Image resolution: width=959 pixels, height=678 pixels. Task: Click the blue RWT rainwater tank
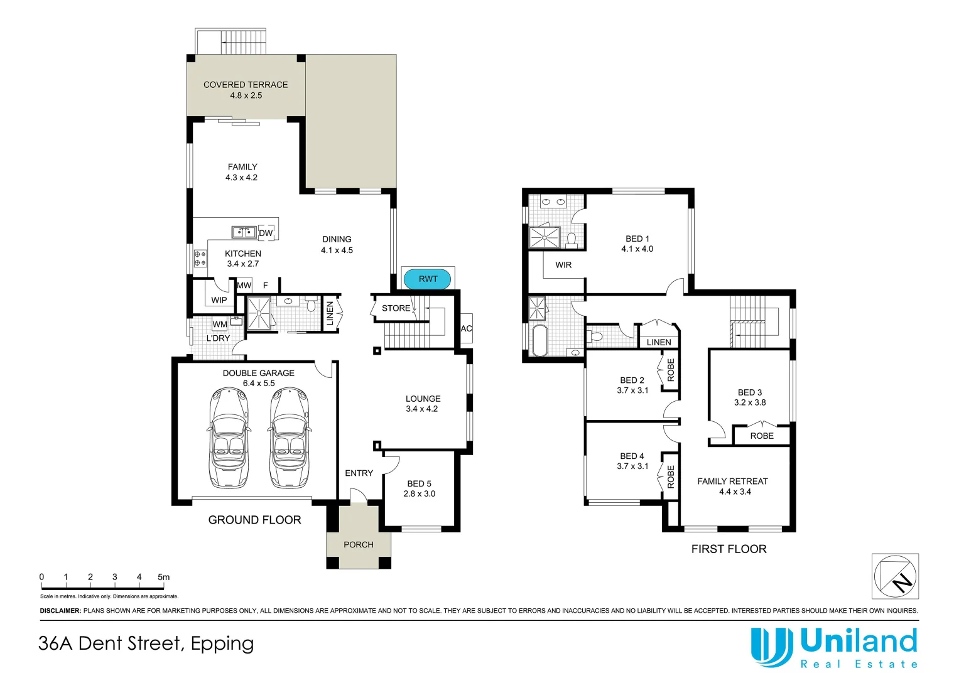(x=428, y=279)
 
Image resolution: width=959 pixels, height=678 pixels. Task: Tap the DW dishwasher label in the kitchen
(x=266, y=233)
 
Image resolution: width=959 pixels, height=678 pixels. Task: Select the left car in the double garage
(x=229, y=438)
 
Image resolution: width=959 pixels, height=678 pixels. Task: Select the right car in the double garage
(x=290, y=438)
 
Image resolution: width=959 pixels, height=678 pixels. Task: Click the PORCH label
(x=359, y=544)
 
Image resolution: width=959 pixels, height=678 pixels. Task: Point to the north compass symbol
(x=895, y=576)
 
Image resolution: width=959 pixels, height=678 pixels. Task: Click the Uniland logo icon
(x=771, y=647)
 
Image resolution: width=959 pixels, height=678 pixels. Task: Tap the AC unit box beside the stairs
(x=466, y=328)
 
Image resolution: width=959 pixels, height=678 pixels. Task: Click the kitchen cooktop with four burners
(x=200, y=259)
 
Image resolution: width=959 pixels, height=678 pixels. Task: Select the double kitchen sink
(x=244, y=232)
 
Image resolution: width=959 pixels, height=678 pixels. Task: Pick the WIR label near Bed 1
(x=563, y=265)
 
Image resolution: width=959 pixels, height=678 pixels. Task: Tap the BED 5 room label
(x=419, y=483)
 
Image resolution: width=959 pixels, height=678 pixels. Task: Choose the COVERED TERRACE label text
(x=246, y=85)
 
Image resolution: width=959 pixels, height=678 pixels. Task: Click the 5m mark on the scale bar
(x=163, y=577)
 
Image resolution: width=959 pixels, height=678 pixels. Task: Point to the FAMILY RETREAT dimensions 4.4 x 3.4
(x=735, y=492)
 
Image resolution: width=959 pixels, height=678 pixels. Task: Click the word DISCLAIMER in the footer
(x=61, y=610)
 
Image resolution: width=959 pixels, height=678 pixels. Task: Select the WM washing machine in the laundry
(x=220, y=325)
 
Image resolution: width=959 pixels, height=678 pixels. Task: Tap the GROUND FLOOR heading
(x=254, y=520)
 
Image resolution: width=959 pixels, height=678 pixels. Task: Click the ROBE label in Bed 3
(x=761, y=436)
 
